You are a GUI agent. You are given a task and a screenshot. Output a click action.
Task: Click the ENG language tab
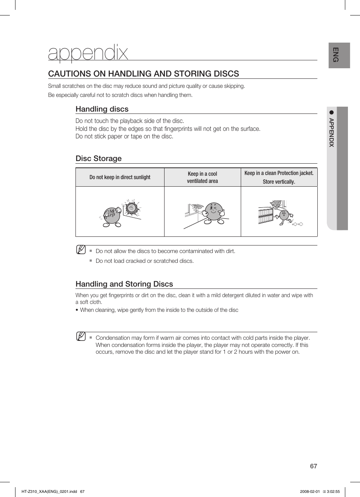coord(336,55)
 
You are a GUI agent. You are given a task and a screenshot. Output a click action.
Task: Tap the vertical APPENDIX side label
coord(331,132)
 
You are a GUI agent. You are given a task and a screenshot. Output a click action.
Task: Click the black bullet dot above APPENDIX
coord(332,112)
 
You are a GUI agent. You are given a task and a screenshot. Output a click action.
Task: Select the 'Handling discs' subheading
coord(102,109)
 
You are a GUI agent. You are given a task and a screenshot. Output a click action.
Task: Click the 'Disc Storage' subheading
coord(98,158)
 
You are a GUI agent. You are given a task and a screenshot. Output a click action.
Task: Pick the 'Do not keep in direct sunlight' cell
coord(120,177)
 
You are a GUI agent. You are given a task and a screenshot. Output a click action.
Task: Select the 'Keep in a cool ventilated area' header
coord(202,177)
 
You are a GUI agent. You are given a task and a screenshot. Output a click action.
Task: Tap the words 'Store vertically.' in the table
coord(279,182)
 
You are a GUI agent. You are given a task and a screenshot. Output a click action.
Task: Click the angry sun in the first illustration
coord(131,208)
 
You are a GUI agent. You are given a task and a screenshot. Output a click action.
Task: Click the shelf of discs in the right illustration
coord(266,215)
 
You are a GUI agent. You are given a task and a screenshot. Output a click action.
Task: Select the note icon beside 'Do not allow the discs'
coord(81,250)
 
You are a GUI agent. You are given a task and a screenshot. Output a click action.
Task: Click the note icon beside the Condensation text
coord(81,336)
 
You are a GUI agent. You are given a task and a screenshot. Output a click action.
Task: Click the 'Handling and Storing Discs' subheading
coord(124,284)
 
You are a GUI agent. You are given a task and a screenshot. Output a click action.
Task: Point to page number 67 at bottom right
coord(313,466)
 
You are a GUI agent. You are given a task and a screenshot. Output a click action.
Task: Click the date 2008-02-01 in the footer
coord(309,491)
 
